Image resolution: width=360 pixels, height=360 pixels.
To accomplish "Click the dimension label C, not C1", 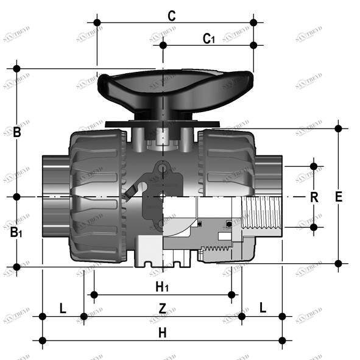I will pos(172,16).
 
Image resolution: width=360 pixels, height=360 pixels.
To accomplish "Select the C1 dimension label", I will pos(208,39).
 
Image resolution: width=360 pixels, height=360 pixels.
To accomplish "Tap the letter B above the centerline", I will pos(17,132).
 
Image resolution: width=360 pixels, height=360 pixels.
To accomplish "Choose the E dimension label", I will pos(339,197).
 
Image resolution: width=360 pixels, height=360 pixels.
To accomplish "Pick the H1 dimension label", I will pos(162,286).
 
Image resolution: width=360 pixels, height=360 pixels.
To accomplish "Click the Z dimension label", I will pos(162,309).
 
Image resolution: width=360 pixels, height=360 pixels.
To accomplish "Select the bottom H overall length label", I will pos(162,333).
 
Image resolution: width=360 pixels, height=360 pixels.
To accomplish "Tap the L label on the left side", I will pos(62,308).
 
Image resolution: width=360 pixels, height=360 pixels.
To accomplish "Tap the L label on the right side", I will pos(263,308).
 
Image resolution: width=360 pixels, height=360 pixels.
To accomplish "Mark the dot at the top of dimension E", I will pos(339,128).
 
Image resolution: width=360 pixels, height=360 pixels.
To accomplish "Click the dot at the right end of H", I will pos(282,340).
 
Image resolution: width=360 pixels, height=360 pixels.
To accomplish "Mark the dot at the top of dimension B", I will pos(17,68).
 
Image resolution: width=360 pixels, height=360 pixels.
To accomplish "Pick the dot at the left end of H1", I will pos(93,295).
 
